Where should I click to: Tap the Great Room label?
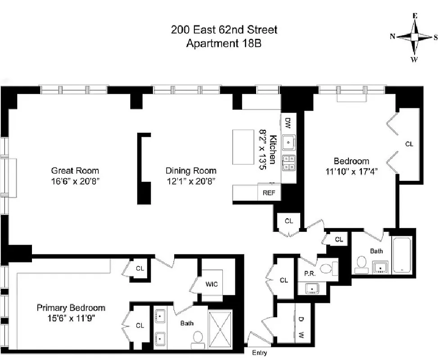coord(75,171)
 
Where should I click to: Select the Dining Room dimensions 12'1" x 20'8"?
coord(191,181)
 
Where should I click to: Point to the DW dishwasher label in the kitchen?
coord(288,122)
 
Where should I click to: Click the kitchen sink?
coord(288,143)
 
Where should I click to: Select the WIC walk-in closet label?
coord(212,284)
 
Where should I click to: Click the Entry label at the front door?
coord(259,353)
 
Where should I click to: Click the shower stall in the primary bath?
coord(221,329)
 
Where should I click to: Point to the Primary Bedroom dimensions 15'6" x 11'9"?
coord(71,318)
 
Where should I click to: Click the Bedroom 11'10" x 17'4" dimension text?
coord(351,171)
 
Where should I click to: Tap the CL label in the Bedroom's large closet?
coord(409,144)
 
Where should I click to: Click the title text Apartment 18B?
coord(224,44)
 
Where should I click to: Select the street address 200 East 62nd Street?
coord(224,30)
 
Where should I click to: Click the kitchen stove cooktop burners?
coord(288,162)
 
